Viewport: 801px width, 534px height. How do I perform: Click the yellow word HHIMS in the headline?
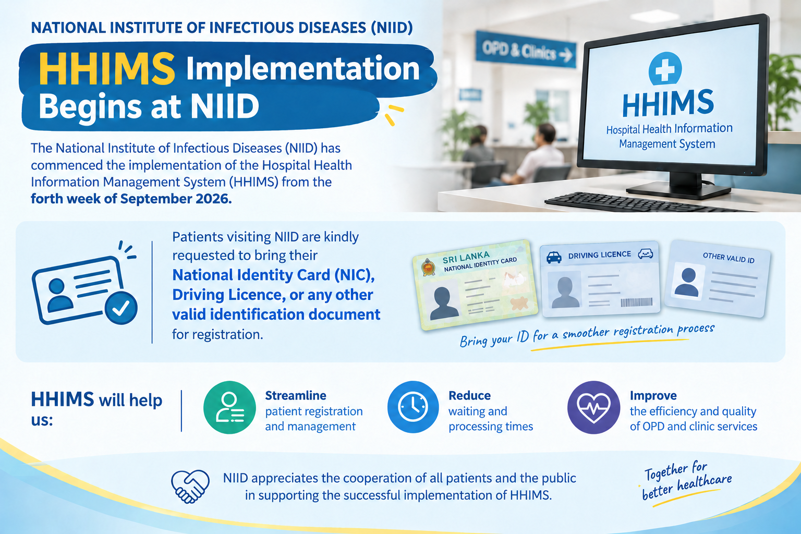pyautogui.click(x=107, y=68)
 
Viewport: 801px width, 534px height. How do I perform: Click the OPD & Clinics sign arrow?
pyautogui.click(x=566, y=55)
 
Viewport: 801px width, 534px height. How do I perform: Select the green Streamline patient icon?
pyautogui.click(x=229, y=407)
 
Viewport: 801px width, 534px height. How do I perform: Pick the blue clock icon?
pyautogui.click(x=413, y=407)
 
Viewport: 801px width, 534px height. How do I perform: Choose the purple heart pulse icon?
pyautogui.click(x=593, y=407)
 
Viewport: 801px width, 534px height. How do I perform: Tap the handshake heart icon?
pyautogui.click(x=190, y=486)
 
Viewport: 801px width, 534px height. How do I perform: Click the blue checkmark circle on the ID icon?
pyautogui.click(x=121, y=308)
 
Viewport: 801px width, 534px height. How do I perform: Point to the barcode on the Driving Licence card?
pyautogui.click(x=637, y=302)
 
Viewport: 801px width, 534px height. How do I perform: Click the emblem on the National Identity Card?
pyautogui.click(x=428, y=267)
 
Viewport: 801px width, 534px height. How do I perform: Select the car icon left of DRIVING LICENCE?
pyautogui.click(x=554, y=257)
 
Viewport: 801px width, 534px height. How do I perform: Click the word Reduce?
pyautogui.click(x=469, y=396)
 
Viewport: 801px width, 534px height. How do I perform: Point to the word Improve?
pyautogui.click(x=653, y=396)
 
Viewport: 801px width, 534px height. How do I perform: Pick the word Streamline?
pyautogui.click(x=296, y=396)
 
